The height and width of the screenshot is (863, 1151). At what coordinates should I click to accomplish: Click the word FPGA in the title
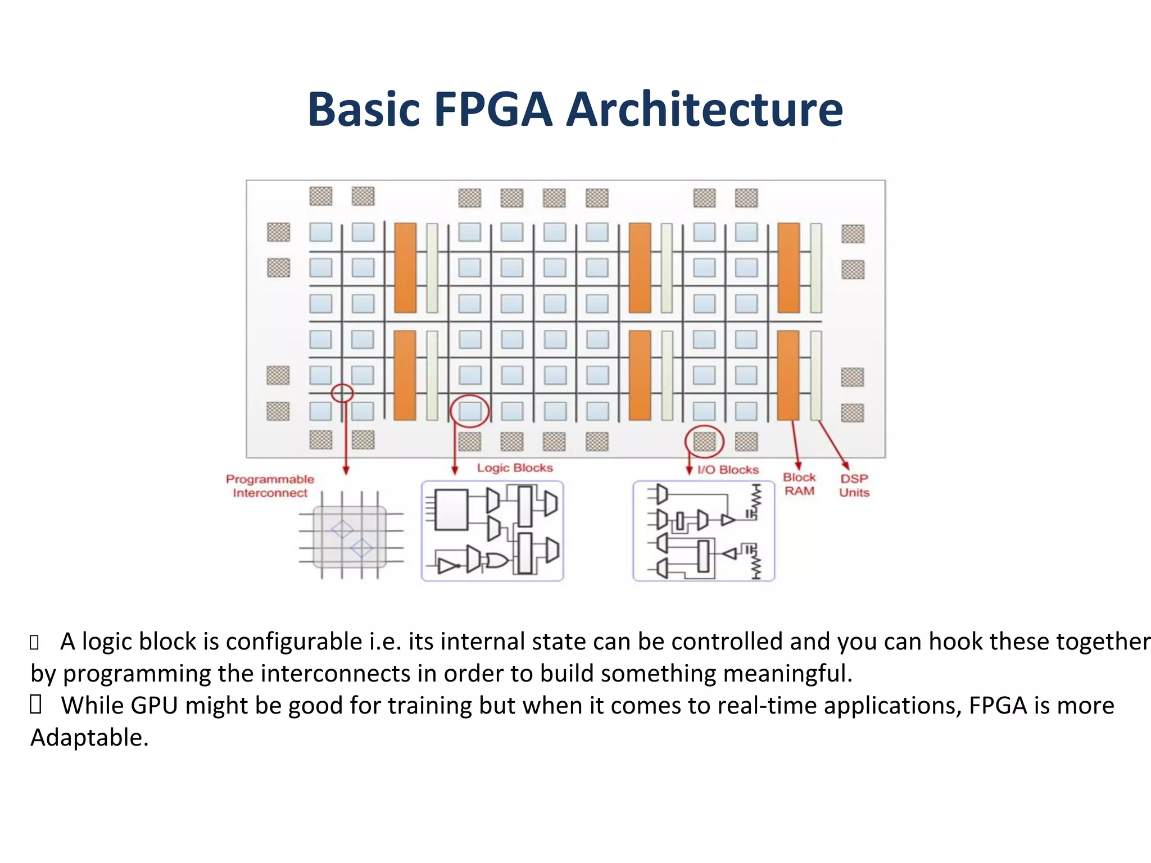[x=493, y=109]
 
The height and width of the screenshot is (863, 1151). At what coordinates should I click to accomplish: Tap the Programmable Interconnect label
[x=270, y=486]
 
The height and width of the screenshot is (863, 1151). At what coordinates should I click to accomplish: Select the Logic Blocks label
[x=515, y=468]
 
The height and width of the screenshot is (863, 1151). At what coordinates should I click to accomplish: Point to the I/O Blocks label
[x=728, y=470]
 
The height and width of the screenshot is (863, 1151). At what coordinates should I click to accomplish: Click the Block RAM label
[x=799, y=484]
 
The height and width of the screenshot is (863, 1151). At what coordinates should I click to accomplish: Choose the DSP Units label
[x=854, y=485]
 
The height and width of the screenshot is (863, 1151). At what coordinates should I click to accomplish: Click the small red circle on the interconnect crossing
[x=342, y=393]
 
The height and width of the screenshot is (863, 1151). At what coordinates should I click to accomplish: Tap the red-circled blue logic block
[x=470, y=411]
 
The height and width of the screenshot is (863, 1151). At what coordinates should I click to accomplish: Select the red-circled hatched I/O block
[x=704, y=441]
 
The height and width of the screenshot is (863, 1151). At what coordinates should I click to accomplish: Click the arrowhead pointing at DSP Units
[x=845, y=465]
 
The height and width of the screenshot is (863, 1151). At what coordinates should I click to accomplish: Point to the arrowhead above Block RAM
[x=799, y=465]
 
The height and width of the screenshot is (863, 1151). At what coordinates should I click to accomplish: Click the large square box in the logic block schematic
[x=451, y=510]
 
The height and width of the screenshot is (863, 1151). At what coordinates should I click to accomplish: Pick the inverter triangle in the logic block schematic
[x=448, y=565]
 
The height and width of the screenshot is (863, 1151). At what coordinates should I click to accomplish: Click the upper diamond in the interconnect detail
[x=342, y=529]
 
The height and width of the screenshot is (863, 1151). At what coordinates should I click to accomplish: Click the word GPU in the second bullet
[x=154, y=706]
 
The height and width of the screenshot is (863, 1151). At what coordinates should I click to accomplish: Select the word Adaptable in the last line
[x=89, y=738]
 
